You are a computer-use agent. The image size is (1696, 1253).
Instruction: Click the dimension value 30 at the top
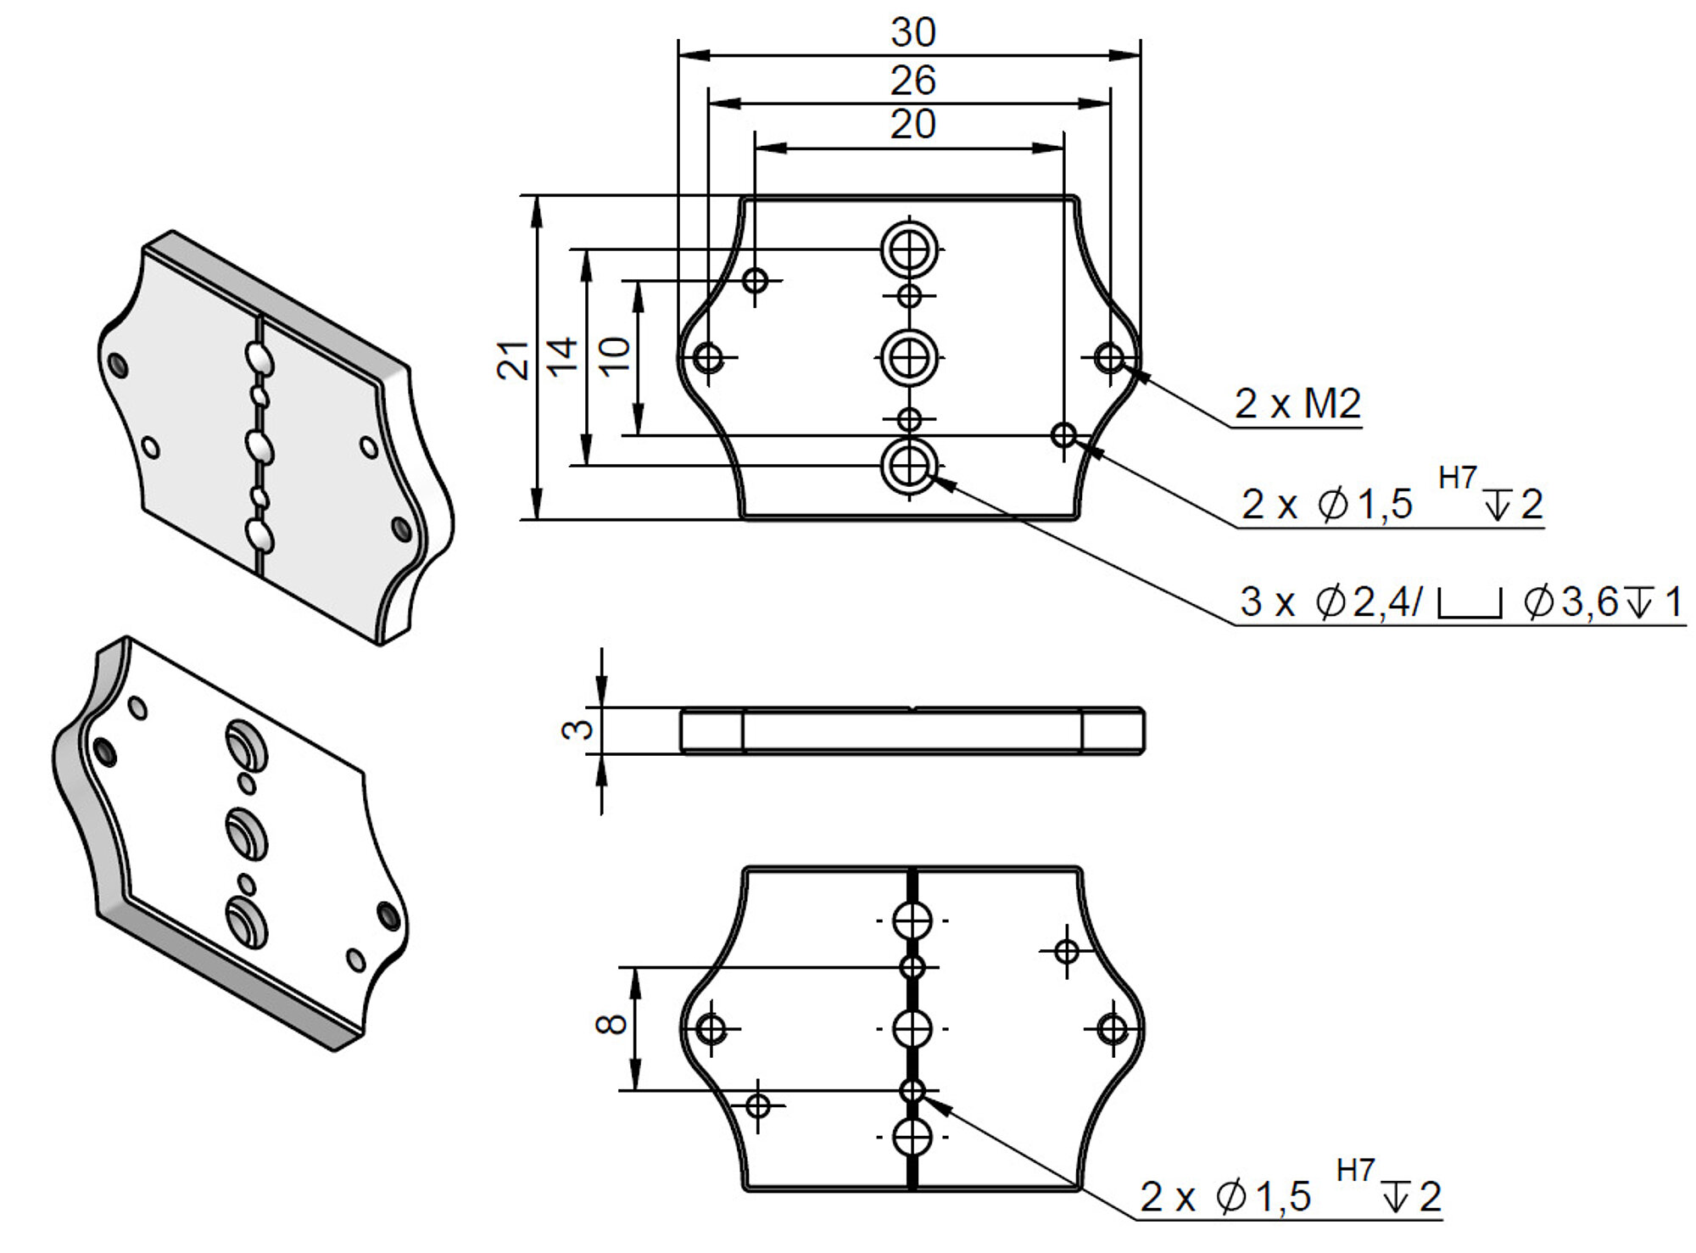[912, 33]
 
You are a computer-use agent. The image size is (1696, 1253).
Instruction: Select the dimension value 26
[912, 81]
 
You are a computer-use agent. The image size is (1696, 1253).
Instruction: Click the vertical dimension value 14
[562, 355]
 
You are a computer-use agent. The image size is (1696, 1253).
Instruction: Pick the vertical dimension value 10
[615, 355]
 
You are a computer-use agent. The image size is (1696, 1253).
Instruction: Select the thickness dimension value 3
[579, 729]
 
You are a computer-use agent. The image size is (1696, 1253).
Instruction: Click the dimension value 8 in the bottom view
[612, 1024]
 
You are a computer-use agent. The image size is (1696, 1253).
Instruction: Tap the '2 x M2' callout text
[1297, 404]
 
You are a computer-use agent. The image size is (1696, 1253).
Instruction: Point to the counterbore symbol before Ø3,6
[1470, 603]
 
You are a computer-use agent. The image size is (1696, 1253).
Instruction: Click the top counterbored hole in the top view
[909, 249]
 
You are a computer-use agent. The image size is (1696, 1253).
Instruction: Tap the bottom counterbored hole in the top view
[909, 466]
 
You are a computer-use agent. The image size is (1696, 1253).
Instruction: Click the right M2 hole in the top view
[1110, 358]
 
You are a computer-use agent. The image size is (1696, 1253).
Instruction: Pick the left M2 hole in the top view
[709, 358]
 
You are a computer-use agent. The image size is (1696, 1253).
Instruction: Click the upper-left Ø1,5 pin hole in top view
[755, 280]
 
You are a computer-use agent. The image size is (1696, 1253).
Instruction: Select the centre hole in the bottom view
[912, 1029]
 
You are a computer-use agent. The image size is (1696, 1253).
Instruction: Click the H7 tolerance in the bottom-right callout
[1354, 1171]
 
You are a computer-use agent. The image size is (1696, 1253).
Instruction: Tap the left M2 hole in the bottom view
[711, 1029]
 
